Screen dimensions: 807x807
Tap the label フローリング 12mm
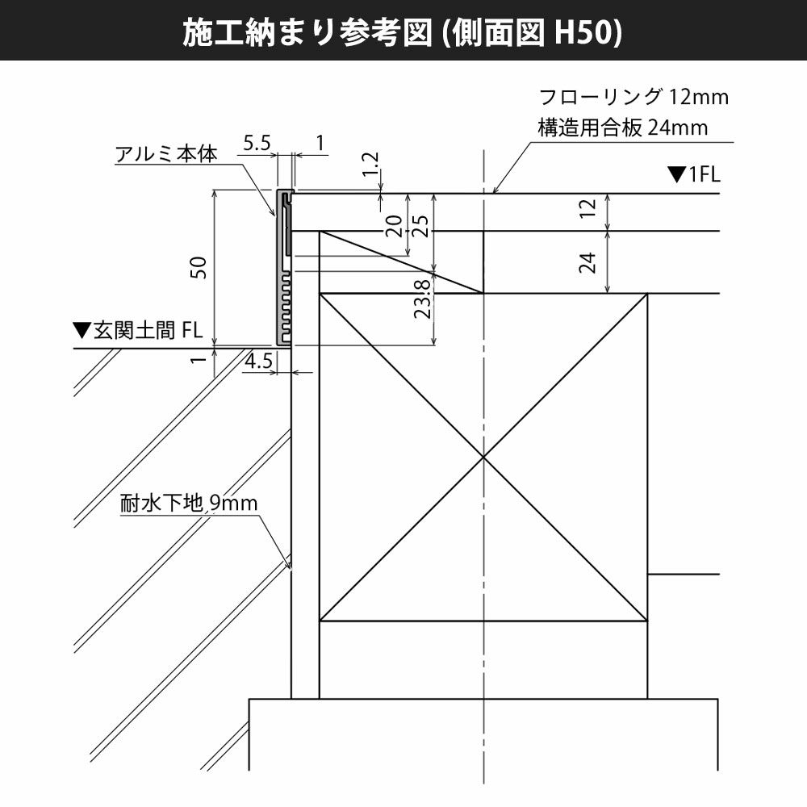pos(633,98)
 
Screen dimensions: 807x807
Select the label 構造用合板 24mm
pos(622,128)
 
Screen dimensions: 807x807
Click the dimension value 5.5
pos(257,144)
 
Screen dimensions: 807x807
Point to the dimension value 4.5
pos(260,360)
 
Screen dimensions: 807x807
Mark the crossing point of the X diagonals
pos(483,458)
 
